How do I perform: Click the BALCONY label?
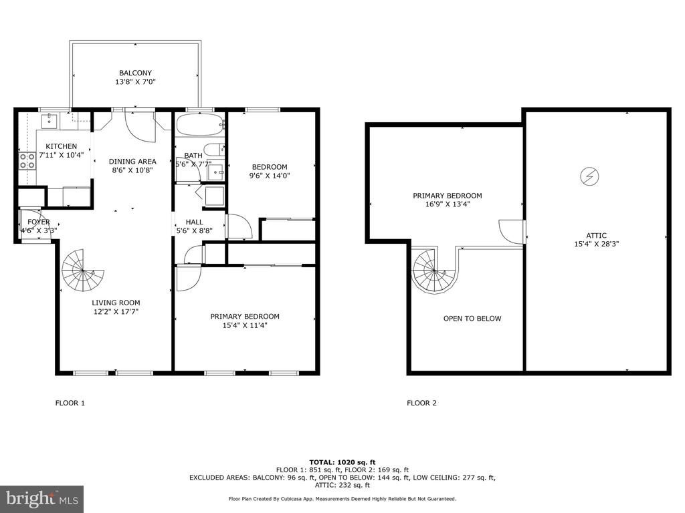[135, 73]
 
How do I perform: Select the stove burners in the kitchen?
[27, 160]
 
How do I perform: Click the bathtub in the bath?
[200, 125]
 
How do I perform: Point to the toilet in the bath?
[213, 150]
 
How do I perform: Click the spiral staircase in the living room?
[82, 271]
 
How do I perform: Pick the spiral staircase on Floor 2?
[434, 271]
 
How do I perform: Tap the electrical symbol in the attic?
[589, 176]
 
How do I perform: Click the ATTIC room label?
[596, 236]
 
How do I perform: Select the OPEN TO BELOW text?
[472, 319]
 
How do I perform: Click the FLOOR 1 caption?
[70, 403]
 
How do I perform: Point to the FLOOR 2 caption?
[421, 403]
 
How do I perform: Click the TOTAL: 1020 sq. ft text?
[342, 462]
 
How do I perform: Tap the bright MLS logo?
[42, 498]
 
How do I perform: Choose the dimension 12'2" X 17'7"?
[116, 311]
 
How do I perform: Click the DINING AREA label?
[132, 162]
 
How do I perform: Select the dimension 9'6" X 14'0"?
[270, 176]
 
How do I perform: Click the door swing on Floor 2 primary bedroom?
[512, 232]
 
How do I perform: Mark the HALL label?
[195, 222]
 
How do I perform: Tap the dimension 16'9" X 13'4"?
[448, 204]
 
